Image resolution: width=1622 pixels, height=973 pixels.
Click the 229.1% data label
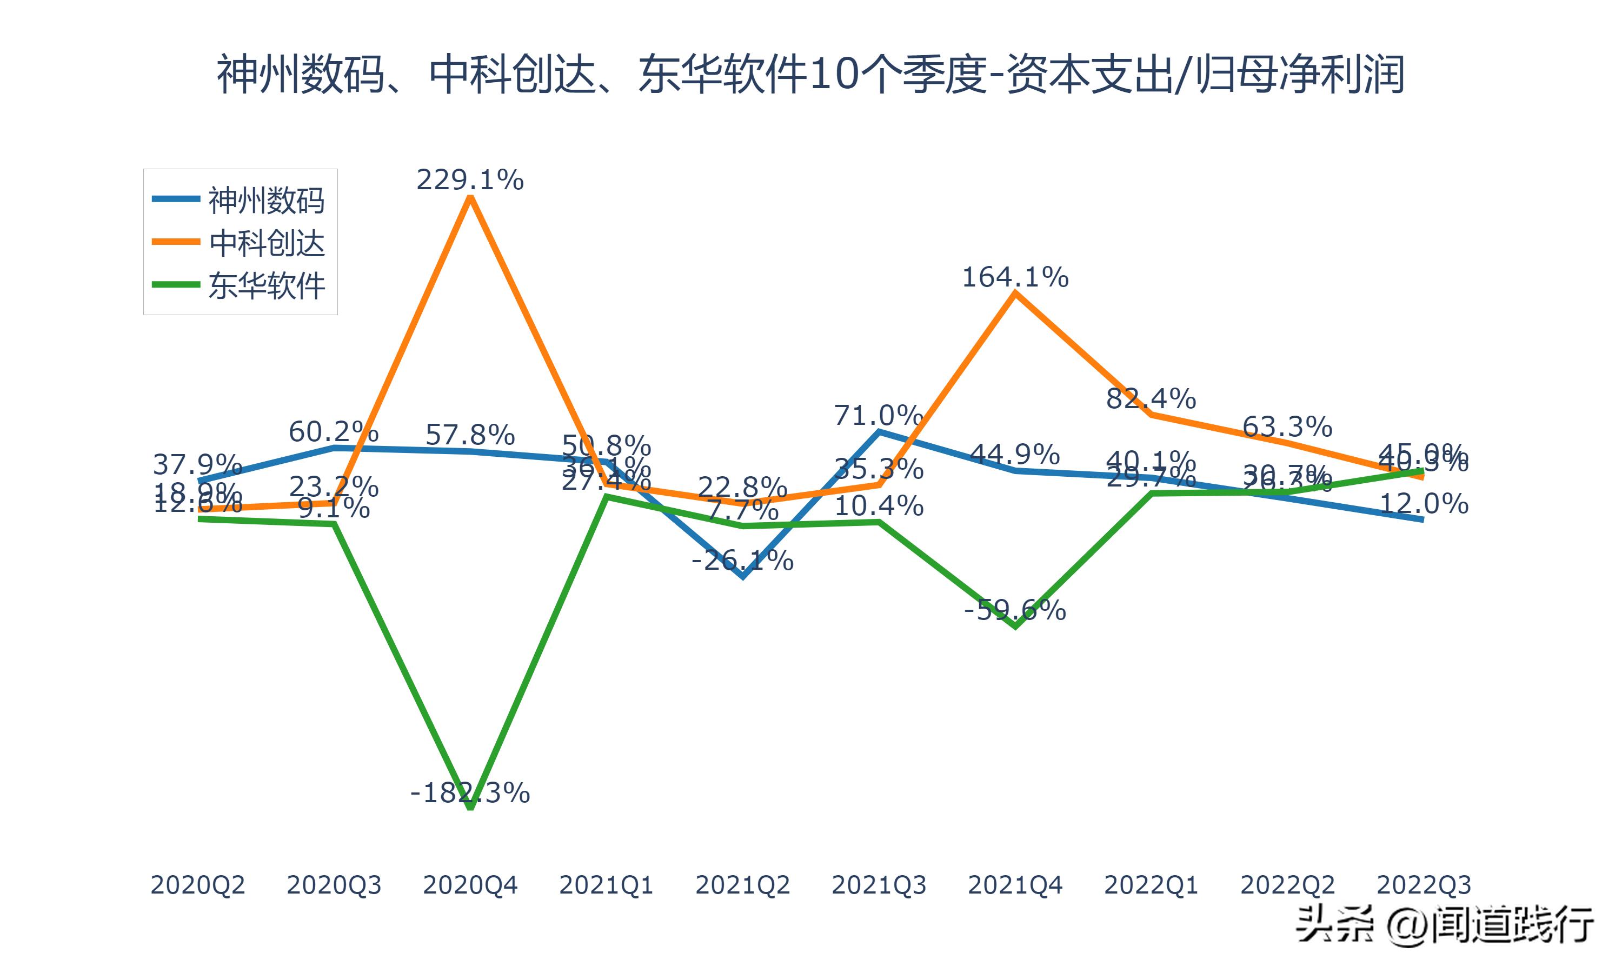pos(470,179)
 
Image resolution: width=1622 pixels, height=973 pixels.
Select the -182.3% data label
pos(470,794)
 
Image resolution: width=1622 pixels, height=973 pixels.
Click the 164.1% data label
pos(1015,277)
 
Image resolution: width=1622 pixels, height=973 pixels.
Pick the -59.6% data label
pos(1015,610)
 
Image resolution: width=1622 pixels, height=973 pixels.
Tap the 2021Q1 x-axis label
pos(607,885)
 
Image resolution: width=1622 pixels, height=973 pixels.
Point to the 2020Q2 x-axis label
pos(198,885)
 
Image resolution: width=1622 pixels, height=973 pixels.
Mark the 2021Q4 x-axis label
pos(1015,885)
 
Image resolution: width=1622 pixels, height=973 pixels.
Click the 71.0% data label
pos(879,415)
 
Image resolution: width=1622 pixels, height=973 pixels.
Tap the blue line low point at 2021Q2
pos(743,577)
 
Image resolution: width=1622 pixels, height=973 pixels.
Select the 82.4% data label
pos(1151,398)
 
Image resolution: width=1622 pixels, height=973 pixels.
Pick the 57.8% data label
pos(470,435)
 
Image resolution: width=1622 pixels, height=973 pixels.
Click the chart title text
pos(810,74)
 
